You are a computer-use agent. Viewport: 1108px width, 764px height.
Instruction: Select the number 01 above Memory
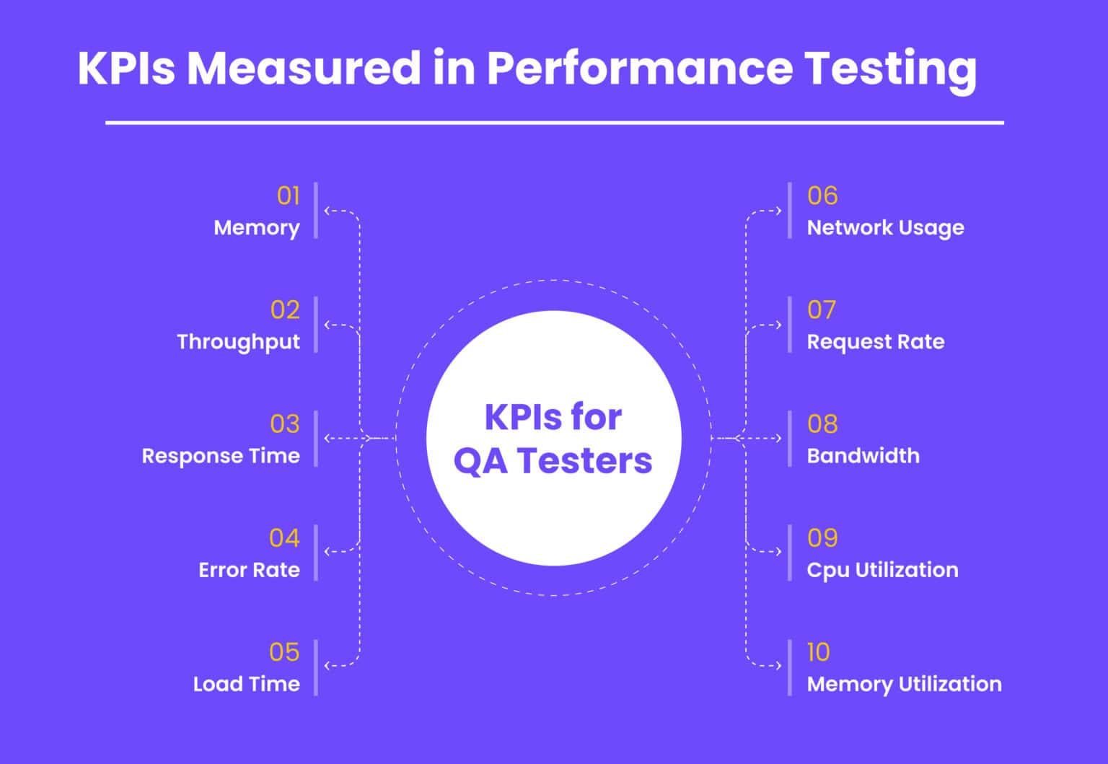(x=288, y=196)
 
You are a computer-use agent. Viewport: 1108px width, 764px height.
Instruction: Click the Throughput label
(x=238, y=342)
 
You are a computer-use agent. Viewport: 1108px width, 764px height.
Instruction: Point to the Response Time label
(x=221, y=456)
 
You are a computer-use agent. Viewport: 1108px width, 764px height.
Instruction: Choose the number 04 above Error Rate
(x=284, y=537)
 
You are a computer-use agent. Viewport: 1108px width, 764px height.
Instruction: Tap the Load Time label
(x=246, y=684)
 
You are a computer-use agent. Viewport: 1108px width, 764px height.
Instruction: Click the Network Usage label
(x=885, y=228)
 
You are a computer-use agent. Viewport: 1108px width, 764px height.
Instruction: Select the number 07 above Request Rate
(x=822, y=309)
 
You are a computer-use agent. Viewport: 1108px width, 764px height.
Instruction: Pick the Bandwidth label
(x=863, y=456)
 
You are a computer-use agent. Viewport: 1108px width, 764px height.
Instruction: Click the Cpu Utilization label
(x=882, y=570)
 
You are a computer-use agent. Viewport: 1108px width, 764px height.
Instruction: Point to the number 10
(x=818, y=652)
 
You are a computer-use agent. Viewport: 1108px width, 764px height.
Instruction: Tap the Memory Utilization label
(x=904, y=684)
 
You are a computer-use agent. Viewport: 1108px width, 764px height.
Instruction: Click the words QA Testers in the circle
(x=553, y=461)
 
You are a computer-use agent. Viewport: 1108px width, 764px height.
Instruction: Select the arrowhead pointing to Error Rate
(x=327, y=552)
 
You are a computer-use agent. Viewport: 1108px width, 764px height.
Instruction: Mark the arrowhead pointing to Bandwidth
(x=778, y=438)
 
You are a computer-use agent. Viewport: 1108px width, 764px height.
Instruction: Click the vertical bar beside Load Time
(x=316, y=667)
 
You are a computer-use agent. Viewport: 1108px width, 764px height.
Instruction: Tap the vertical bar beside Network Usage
(x=790, y=211)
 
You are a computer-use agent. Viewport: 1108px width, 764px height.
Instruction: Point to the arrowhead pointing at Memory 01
(x=327, y=211)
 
